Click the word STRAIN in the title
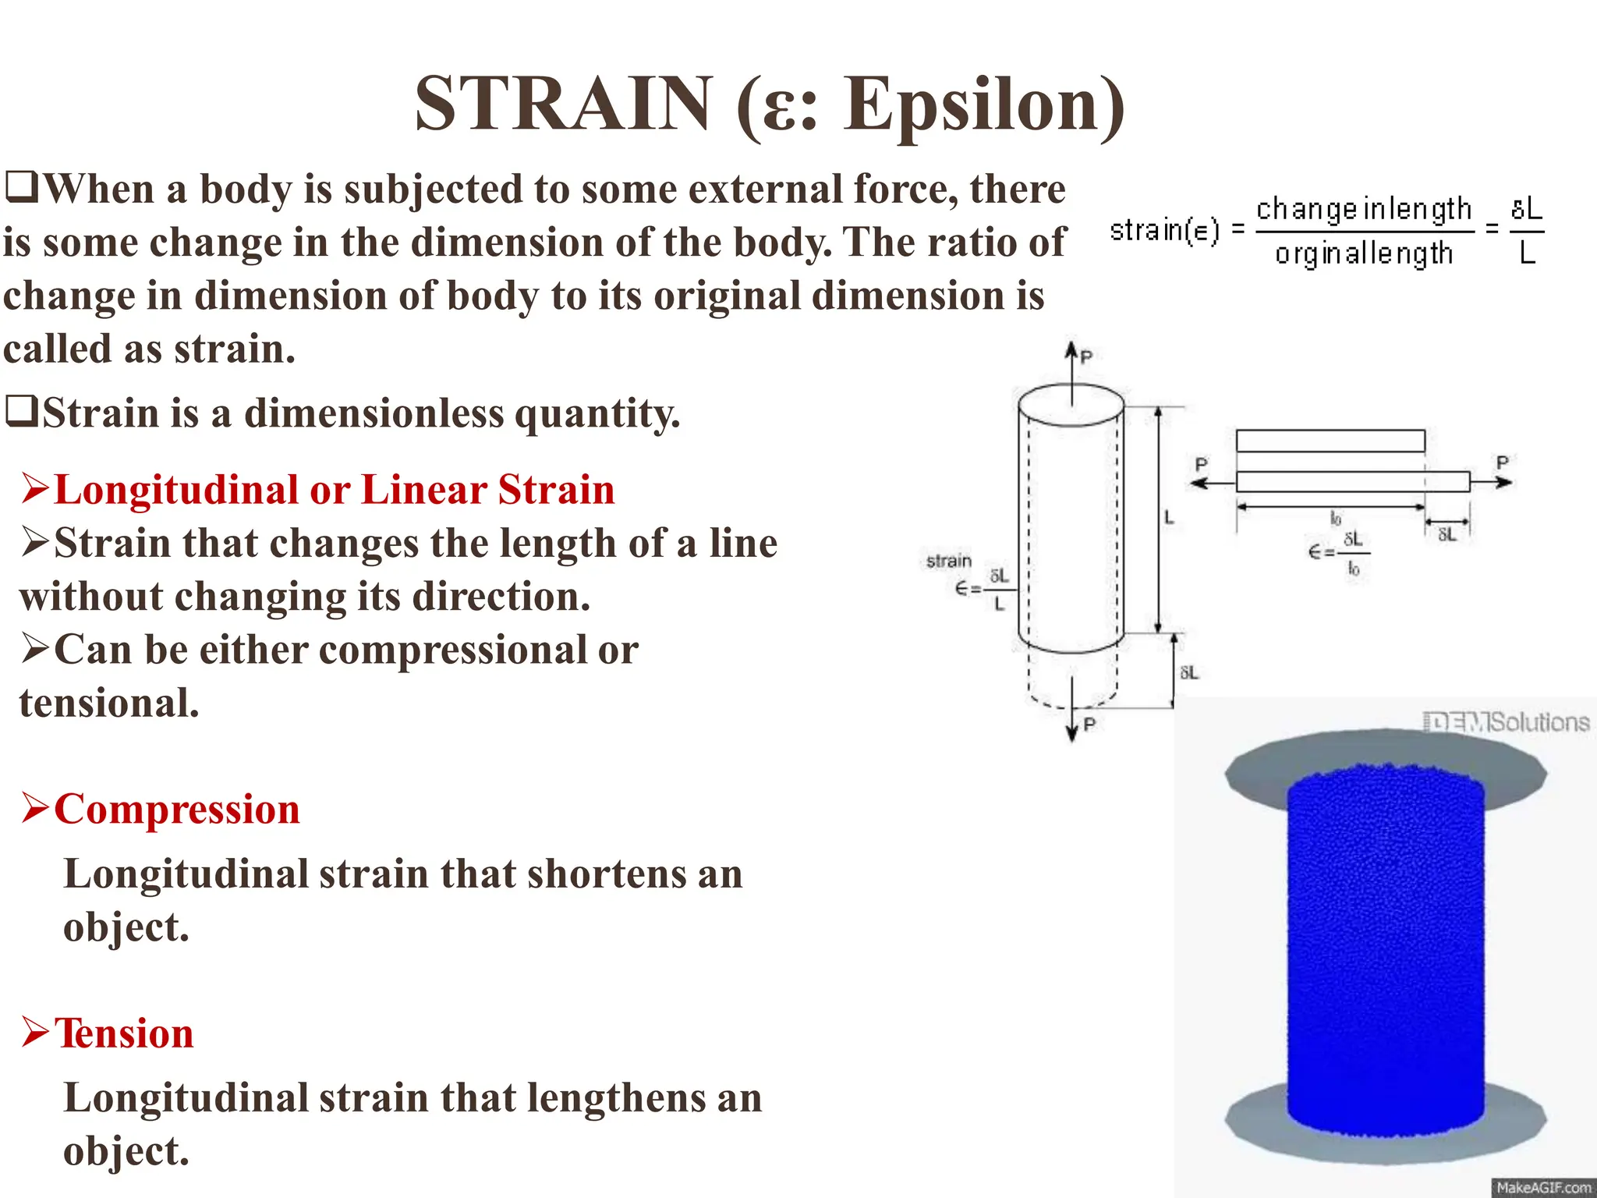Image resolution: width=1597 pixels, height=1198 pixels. [563, 104]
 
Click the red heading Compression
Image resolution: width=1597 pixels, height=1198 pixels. [176, 810]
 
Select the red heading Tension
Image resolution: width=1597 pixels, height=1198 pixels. [123, 1033]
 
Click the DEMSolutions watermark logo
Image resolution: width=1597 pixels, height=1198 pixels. [1505, 722]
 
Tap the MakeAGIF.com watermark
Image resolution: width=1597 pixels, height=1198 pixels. [1542, 1187]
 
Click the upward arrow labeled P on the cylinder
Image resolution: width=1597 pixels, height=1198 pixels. [1072, 367]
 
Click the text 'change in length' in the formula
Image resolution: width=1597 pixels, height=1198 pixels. [1363, 209]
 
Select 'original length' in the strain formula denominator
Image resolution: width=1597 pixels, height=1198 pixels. [1363, 253]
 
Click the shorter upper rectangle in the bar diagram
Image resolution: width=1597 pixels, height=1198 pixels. [1330, 441]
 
